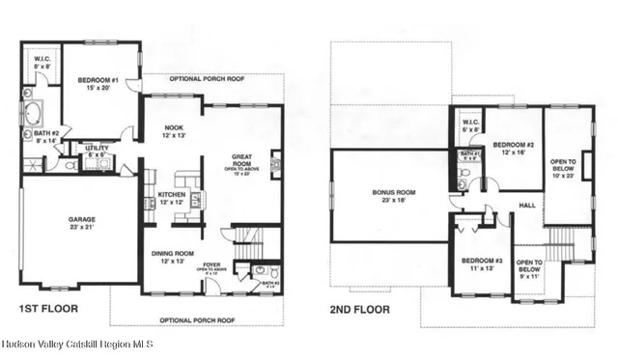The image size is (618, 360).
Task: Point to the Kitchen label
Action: point(173,197)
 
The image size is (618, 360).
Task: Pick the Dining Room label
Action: point(173,257)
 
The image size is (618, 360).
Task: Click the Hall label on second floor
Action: point(527,205)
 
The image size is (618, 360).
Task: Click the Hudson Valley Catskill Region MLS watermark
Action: point(77,345)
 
